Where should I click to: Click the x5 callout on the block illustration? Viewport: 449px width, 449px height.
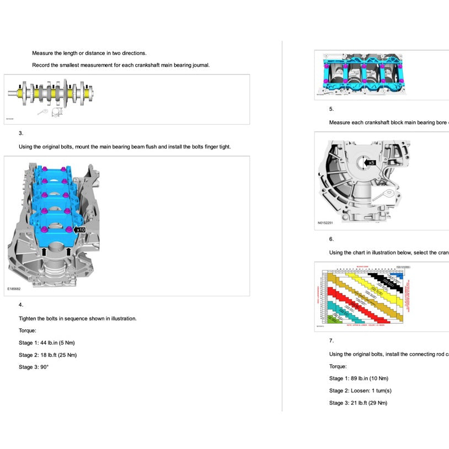(371, 163)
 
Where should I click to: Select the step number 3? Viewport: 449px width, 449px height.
(21, 133)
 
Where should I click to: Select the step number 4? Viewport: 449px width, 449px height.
(21, 304)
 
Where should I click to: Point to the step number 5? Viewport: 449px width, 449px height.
(331, 109)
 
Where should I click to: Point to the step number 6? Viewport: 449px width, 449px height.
(331, 239)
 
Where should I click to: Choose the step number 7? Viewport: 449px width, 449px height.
(331, 341)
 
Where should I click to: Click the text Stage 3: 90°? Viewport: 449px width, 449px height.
(34, 367)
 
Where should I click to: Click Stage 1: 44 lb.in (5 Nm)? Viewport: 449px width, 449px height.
(46, 343)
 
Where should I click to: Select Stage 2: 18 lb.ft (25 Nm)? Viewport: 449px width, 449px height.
(47, 355)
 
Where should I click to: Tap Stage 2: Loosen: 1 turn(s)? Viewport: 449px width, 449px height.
(360, 391)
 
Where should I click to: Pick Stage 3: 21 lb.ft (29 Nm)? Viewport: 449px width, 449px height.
(358, 403)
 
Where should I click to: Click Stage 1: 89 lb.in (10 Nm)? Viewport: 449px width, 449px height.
(359, 378)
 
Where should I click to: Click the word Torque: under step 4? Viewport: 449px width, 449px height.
(28, 330)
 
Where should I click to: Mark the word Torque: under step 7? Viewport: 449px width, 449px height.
(338, 366)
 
